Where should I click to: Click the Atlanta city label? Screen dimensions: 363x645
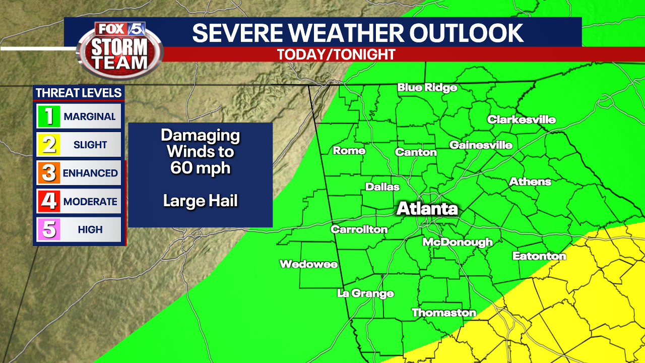point(427,209)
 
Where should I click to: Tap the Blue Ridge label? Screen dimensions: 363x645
point(427,88)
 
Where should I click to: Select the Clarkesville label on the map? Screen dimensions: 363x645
point(521,119)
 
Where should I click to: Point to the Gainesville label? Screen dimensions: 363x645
point(481,145)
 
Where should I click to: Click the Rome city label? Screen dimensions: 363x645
point(349,151)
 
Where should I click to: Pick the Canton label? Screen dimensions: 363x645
point(416,152)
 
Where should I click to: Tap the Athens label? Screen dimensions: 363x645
point(530,181)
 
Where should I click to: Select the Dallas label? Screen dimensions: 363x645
point(382,187)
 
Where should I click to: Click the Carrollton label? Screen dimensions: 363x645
point(359,229)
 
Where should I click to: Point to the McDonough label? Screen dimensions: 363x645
point(457,242)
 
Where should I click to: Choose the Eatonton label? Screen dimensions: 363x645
point(539,256)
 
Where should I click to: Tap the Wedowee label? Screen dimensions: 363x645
point(308,264)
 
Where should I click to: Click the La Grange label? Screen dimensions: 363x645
point(365,293)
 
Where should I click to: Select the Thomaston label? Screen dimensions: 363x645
point(443,313)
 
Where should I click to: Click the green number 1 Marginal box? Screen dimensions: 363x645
point(49,116)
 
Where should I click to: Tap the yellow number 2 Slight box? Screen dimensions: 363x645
point(49,145)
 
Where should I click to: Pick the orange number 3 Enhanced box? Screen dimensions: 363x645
point(49,173)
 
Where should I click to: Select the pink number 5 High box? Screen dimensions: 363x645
point(49,229)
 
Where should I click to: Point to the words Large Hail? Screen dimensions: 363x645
point(200,201)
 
